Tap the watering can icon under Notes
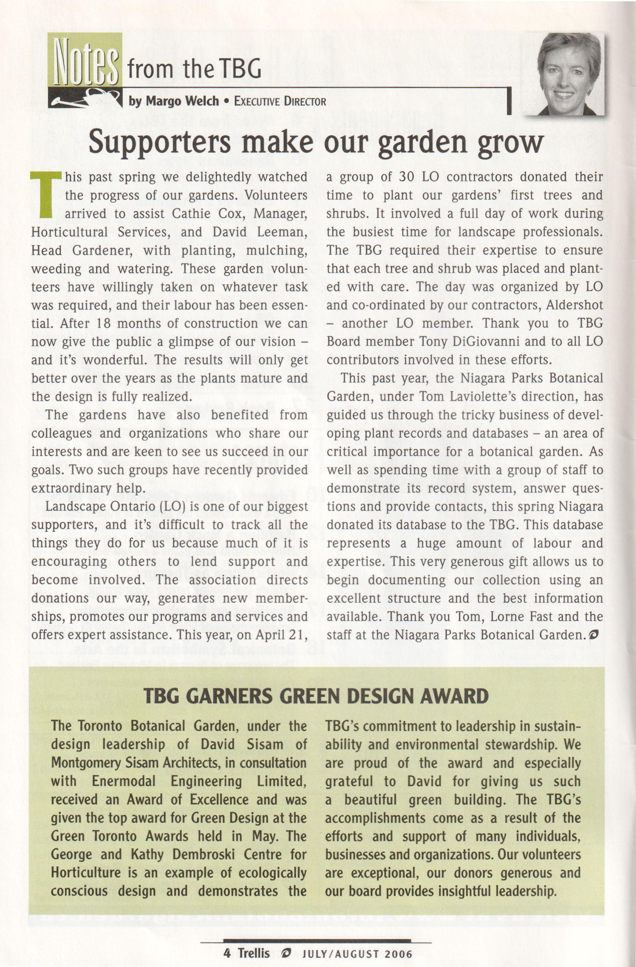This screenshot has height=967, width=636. (85, 97)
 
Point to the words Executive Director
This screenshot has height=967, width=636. (280, 101)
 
